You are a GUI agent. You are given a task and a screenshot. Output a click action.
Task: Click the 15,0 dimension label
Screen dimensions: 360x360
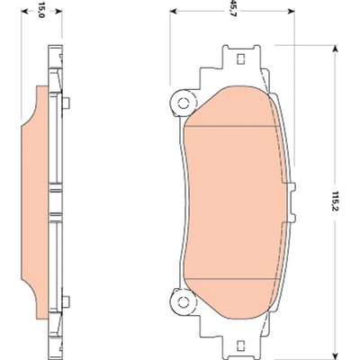click(x=41, y=10)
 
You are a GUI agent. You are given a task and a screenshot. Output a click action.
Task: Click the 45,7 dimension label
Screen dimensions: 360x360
click(x=231, y=10)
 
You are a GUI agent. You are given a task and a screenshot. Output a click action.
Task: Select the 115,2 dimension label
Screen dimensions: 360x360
click(x=335, y=201)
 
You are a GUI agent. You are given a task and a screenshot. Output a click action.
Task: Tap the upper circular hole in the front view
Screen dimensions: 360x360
click(x=183, y=103)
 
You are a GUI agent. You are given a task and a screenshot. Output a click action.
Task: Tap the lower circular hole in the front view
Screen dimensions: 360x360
click(x=183, y=301)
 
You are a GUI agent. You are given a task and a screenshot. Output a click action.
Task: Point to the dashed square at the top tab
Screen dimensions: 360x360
click(x=241, y=59)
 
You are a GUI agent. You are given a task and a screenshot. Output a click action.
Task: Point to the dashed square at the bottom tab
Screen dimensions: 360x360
click(x=241, y=346)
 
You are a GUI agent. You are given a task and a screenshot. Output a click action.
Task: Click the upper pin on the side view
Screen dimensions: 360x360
click(x=66, y=103)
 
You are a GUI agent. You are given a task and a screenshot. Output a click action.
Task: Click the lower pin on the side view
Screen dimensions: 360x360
click(x=66, y=301)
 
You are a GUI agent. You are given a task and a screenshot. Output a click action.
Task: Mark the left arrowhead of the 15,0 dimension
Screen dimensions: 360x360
click(x=24, y=12)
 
